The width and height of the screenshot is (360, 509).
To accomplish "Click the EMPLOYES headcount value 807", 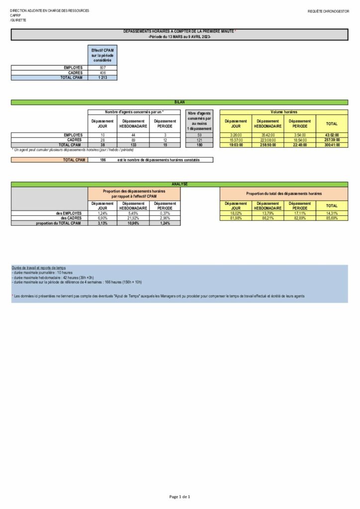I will tap(102, 68).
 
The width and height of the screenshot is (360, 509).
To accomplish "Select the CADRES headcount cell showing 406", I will tap(102, 73).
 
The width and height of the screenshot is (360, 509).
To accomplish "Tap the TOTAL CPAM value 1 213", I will tap(102, 78).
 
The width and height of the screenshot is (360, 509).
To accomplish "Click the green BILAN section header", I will tap(180, 102).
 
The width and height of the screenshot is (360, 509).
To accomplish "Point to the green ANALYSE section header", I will tap(180, 184).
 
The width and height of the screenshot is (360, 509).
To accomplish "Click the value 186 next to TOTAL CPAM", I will tap(102, 160).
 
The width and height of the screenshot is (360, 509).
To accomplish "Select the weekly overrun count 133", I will tap(133, 145).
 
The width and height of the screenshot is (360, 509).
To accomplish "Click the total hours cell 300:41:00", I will tap(332, 145).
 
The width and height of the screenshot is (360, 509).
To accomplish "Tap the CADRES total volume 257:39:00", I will tap(332, 140).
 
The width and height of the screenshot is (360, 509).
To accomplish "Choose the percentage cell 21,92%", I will tap(133, 218).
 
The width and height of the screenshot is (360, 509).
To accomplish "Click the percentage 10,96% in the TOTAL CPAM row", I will tap(133, 223).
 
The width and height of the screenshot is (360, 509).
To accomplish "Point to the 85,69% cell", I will tap(332, 218).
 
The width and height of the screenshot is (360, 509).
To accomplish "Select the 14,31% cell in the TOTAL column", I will tap(332, 213).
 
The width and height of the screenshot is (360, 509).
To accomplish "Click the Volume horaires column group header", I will tap(284, 112).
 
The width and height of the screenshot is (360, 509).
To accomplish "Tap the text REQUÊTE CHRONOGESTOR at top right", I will tap(328, 10).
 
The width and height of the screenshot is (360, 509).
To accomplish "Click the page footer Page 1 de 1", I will tap(180, 497).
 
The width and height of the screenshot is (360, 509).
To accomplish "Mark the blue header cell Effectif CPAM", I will tap(102, 55).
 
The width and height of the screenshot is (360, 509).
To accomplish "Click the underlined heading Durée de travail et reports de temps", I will tap(38, 268).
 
